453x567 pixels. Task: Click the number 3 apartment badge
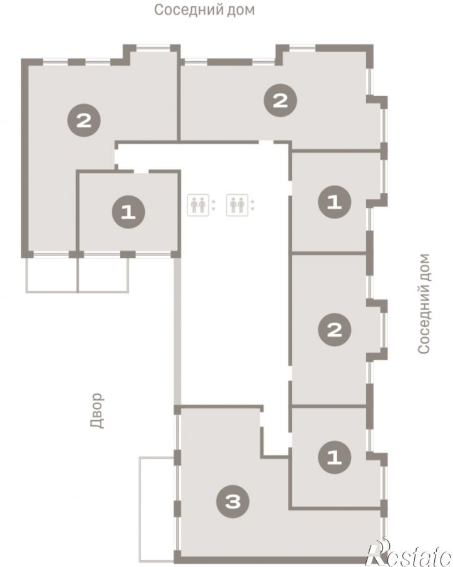(233, 501)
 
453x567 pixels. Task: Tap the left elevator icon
(198, 205)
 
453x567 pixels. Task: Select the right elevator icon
(237, 205)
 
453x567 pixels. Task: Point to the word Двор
(97, 410)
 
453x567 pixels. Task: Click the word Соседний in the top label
(187, 10)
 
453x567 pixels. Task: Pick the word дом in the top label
(241, 10)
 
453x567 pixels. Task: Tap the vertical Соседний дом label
(424, 303)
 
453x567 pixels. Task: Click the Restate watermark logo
(409, 553)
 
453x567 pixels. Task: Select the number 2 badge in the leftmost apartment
(84, 120)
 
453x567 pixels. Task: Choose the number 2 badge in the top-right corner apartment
(281, 101)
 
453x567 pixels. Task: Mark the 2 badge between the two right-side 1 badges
(334, 330)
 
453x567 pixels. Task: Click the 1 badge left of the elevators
(129, 212)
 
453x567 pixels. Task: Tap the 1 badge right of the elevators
(334, 202)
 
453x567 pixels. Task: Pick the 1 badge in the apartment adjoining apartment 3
(334, 457)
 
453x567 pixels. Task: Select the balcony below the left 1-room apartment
(103, 274)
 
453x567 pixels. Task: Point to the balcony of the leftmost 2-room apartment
(52, 274)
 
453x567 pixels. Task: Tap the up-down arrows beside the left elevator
(214, 205)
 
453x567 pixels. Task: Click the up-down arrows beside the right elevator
(252, 205)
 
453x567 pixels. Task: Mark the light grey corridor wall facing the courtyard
(177, 331)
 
